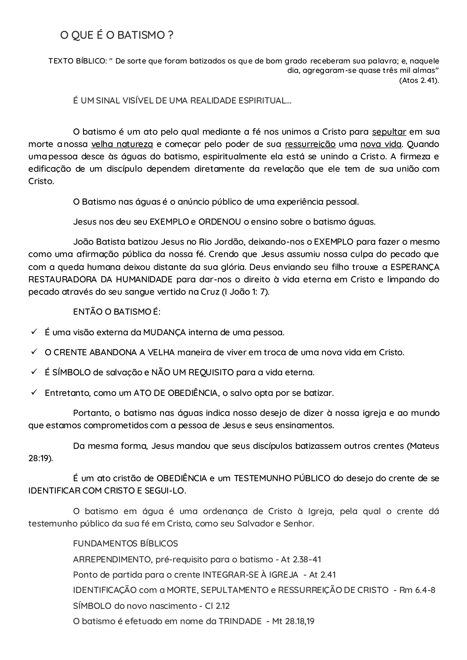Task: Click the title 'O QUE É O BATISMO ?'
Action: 117,35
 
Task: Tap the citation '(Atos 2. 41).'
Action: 419,80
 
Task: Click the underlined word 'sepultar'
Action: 389,132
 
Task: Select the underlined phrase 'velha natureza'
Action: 122,144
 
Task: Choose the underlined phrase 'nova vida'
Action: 381,144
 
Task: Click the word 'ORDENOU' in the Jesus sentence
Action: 219,222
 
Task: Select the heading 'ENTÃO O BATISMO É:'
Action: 117,312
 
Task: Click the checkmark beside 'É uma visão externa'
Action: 34,332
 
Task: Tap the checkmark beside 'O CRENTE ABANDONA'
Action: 34,352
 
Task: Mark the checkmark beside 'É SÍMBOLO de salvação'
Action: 34,372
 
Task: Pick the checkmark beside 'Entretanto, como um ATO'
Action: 34,392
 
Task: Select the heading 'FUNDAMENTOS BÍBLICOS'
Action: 125,544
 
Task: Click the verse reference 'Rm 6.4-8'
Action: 417,590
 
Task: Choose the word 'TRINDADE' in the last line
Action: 240,621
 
